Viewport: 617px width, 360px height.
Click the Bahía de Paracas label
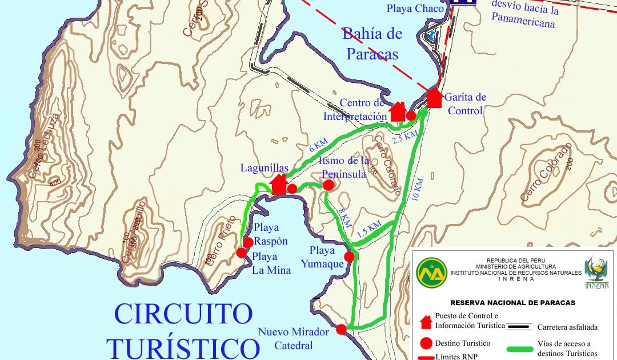(372, 43)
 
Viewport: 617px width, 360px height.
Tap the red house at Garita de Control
(434, 98)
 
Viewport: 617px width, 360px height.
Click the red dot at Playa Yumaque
(349, 257)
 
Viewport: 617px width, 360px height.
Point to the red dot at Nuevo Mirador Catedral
(341, 329)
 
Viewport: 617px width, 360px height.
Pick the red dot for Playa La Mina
(242, 253)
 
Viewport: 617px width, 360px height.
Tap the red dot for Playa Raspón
(248, 242)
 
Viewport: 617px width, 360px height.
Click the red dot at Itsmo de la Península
(328, 185)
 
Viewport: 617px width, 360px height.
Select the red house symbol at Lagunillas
(279, 184)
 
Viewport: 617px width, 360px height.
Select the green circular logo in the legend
(432, 273)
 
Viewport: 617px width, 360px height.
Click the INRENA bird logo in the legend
(596, 271)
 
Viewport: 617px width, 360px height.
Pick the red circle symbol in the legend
(425, 343)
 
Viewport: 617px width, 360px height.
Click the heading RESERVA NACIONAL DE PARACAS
(512, 302)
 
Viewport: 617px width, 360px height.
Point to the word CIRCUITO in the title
(183, 314)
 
